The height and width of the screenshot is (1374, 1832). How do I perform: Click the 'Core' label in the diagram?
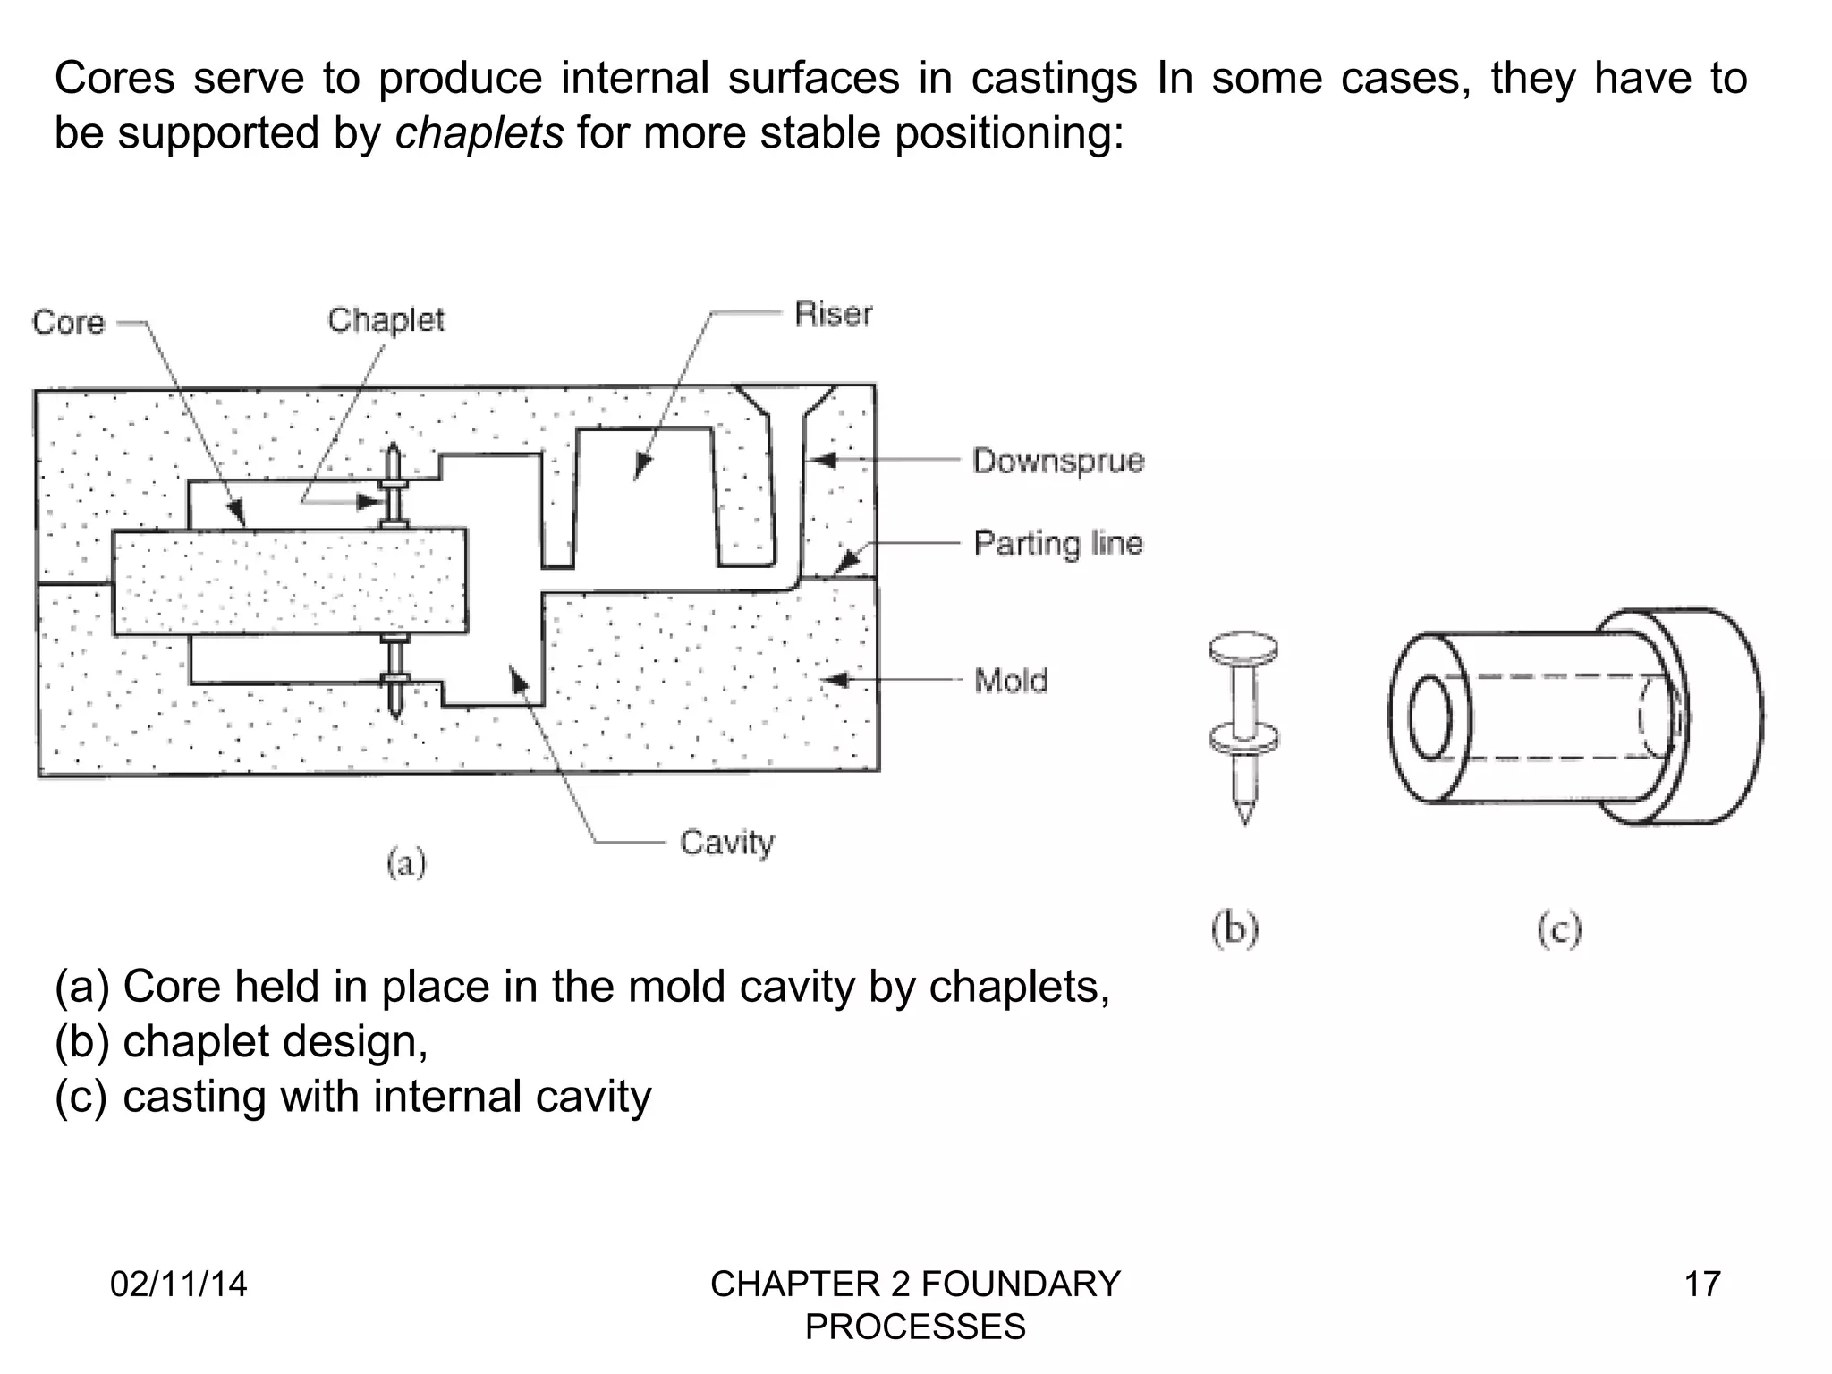point(68,322)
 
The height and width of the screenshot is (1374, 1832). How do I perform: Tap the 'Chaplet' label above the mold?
point(386,319)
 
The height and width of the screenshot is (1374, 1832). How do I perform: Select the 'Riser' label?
point(833,313)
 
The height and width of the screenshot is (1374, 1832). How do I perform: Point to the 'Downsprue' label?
point(1058,461)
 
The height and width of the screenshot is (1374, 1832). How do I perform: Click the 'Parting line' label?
point(1058,543)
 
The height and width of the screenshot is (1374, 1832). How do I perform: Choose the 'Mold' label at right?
point(1011,681)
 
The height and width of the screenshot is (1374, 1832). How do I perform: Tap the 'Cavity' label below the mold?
point(726,842)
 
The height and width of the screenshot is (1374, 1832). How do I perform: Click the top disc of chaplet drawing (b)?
point(1243,646)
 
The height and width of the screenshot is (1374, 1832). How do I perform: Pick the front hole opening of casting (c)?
point(1430,718)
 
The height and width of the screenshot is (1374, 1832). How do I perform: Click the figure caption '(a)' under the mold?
point(406,863)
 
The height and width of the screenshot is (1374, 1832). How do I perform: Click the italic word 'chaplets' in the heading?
point(479,134)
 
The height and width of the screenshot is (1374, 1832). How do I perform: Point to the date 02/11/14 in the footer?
point(178,1284)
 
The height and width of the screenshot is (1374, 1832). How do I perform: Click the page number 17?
point(1702,1284)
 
